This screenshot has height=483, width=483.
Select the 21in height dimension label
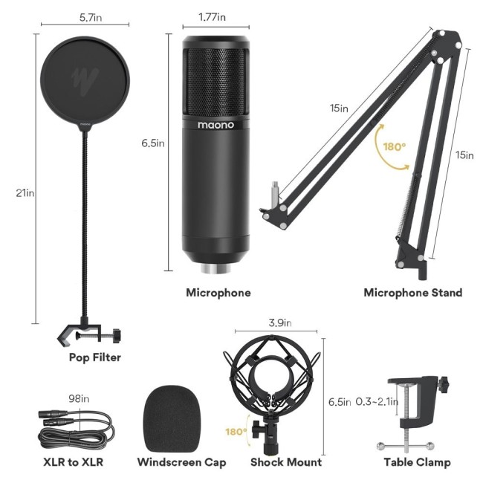tap(25, 193)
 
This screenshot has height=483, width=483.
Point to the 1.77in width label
tap(213, 16)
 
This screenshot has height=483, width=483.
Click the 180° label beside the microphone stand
tap(394, 146)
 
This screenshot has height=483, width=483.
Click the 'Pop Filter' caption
tap(95, 357)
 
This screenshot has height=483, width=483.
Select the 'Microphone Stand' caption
tap(412, 293)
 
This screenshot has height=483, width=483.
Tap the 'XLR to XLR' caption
tap(73, 462)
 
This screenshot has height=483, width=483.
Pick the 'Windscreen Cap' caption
tap(181, 462)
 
